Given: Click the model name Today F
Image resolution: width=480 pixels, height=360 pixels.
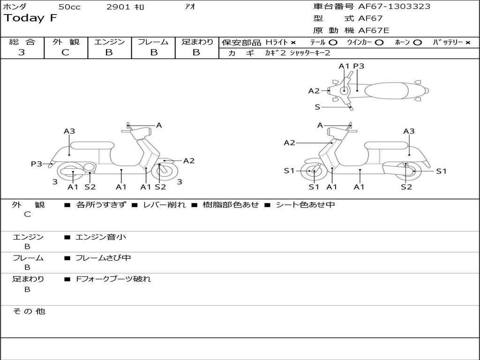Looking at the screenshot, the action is pos(30,19).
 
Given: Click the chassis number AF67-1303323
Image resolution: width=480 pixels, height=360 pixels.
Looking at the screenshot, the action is pos(394,7).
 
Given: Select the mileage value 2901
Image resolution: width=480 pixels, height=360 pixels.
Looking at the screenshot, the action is pos(119,7).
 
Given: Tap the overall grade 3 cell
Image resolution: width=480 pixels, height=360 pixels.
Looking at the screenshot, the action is pos(22,52).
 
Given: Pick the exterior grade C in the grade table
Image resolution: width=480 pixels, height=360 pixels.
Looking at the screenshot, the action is pos(65,52).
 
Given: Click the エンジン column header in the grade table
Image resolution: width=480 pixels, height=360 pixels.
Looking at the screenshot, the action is pos(109,42).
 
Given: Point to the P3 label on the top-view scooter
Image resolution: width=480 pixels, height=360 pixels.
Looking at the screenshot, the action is pos(359,66).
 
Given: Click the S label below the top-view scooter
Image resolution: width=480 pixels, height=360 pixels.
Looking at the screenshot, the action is pos(317,107).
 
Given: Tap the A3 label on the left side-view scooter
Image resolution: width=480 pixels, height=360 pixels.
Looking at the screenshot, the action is pos(69,131).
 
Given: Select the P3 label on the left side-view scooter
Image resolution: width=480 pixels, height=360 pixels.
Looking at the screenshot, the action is pos(36,164).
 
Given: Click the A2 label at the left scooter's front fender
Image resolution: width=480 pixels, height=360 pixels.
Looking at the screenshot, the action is pos(188,161).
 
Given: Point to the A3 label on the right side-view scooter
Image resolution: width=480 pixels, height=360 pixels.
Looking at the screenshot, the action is pos(409,131).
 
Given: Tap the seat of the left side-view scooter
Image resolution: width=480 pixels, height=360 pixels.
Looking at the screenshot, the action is pos(92,145).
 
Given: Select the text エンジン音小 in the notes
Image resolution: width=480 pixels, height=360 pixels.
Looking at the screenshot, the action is pos(101,237).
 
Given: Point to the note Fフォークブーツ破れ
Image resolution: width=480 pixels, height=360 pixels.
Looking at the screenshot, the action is pos(113,279).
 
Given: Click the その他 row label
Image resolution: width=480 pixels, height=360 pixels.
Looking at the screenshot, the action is pos(29,311).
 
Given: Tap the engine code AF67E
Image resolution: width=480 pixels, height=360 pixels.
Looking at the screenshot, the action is pos(374,30).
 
